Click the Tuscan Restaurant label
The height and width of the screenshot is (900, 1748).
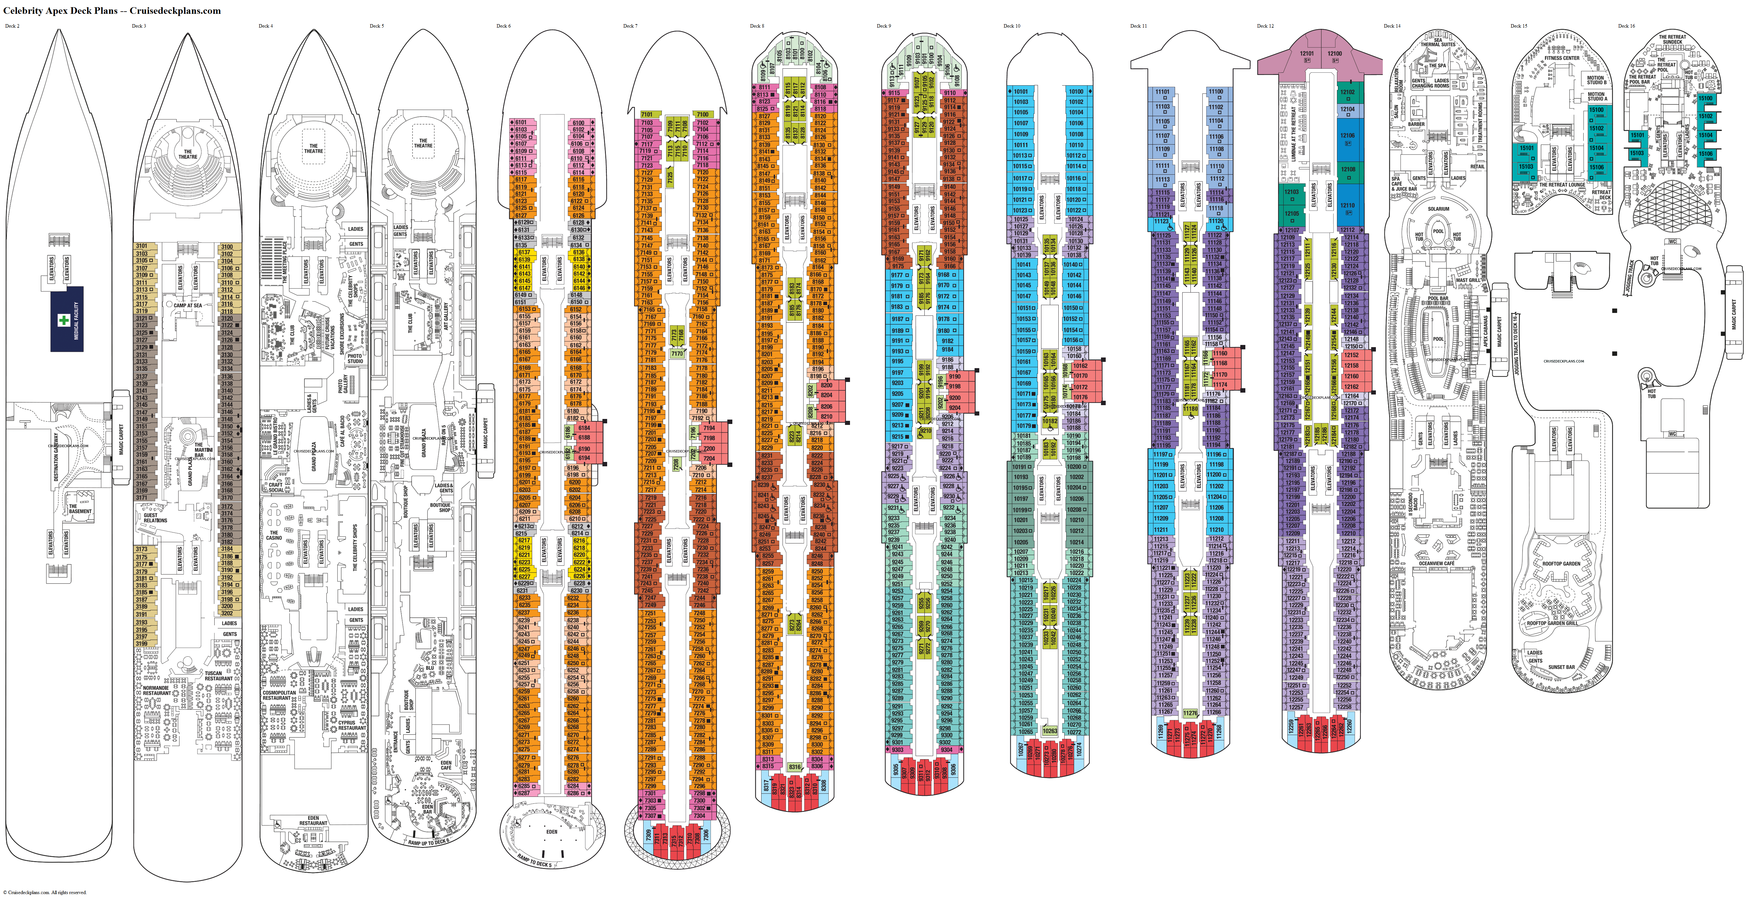pos(218,675)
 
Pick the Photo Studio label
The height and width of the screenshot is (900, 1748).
pos(355,358)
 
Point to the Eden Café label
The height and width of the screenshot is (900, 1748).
pos(446,765)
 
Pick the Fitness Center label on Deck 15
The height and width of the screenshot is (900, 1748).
pos(1562,58)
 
